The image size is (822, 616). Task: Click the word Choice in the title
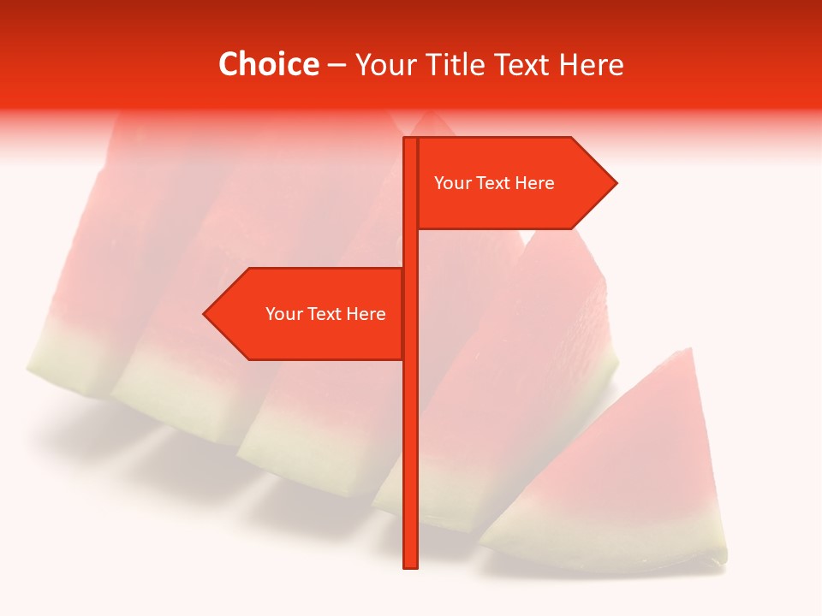pyautogui.click(x=268, y=64)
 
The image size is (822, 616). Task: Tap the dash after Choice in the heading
pyautogui.click(x=337, y=65)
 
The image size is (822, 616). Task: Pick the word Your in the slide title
pyautogui.click(x=386, y=64)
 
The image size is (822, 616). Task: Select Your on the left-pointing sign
pyautogui.click(x=283, y=314)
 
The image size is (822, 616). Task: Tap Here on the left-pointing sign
pyautogui.click(x=366, y=314)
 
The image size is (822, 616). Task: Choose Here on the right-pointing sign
pyautogui.click(x=535, y=183)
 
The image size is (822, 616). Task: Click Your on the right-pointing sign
pyautogui.click(x=452, y=183)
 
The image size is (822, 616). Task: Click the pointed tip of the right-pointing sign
pyautogui.click(x=615, y=183)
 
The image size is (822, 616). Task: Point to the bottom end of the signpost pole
pyautogui.click(x=410, y=566)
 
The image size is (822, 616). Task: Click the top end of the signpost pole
pyautogui.click(x=410, y=139)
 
